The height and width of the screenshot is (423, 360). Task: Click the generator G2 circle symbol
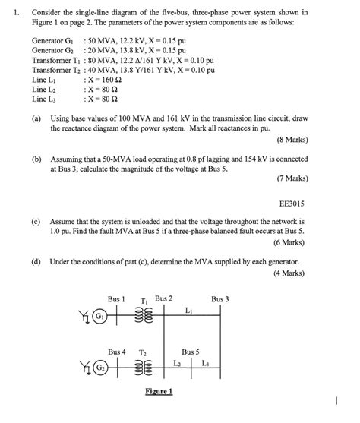(99, 368)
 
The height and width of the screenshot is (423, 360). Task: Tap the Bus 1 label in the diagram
(116, 298)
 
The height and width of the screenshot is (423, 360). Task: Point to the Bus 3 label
(220, 298)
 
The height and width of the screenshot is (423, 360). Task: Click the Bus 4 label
(116, 352)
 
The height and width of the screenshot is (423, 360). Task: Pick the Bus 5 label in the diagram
(191, 352)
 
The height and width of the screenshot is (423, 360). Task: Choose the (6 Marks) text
(289, 241)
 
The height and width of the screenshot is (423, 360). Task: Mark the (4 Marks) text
(289, 272)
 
